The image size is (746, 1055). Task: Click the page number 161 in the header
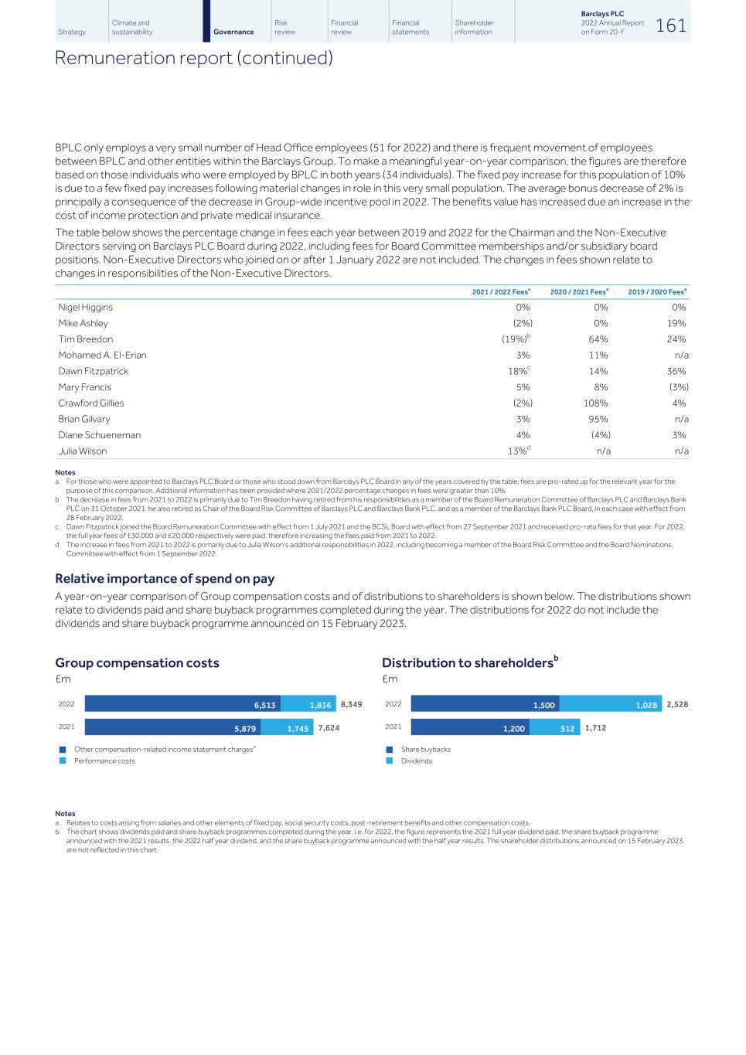tap(670, 26)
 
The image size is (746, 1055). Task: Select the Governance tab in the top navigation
tap(233, 32)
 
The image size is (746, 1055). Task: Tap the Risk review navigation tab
tap(284, 28)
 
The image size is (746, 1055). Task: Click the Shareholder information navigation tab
tap(474, 28)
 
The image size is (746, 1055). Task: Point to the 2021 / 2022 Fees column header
tap(501, 291)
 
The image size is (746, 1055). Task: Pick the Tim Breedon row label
tap(86, 339)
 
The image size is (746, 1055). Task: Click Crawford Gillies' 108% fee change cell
tap(595, 403)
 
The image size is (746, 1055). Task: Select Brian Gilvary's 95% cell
tap(597, 419)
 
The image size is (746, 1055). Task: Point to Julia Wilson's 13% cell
tap(519, 451)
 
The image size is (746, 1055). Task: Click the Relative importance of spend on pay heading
tap(165, 578)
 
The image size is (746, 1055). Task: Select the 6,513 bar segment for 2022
tap(182, 704)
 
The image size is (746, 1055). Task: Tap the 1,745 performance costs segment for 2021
tap(287, 727)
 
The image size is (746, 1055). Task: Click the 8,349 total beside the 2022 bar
tap(351, 704)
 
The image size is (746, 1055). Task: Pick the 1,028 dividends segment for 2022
tap(611, 704)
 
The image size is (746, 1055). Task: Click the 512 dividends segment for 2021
tap(554, 727)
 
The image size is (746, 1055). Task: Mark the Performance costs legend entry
tap(104, 761)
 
